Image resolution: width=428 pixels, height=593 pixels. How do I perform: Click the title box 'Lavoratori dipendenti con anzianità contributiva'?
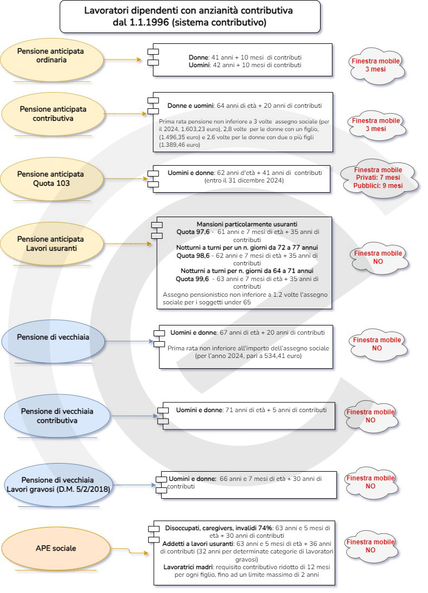[190, 17]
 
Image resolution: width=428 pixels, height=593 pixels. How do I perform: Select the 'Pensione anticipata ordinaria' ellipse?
[52, 60]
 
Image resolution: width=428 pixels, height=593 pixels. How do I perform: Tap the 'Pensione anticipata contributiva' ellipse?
[53, 114]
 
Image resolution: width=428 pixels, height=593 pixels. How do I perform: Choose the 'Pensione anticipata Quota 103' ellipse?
[52, 179]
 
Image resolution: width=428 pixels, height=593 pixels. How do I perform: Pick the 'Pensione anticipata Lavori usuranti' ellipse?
[52, 244]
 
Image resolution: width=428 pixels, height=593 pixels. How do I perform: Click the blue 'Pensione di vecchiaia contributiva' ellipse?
[57, 416]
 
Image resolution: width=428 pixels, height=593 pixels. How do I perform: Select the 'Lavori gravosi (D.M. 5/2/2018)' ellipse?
[58, 485]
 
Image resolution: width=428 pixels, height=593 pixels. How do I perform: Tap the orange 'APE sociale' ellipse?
[56, 549]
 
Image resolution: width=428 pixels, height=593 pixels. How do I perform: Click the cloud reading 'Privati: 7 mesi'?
[379, 178]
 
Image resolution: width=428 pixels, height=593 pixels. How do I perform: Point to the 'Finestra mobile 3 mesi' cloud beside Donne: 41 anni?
[376, 65]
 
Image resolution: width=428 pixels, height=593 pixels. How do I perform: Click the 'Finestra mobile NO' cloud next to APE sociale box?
[370, 546]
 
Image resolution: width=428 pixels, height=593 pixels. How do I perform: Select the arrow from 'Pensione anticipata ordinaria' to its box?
[123, 60]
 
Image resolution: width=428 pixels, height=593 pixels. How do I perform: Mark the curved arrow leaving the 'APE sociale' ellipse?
[129, 551]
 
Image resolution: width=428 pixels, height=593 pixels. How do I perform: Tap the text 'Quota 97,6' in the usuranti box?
[193, 232]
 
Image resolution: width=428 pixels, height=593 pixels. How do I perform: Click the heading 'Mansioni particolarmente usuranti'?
[247, 224]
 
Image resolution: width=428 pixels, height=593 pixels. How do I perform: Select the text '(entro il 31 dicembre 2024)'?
[244, 180]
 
